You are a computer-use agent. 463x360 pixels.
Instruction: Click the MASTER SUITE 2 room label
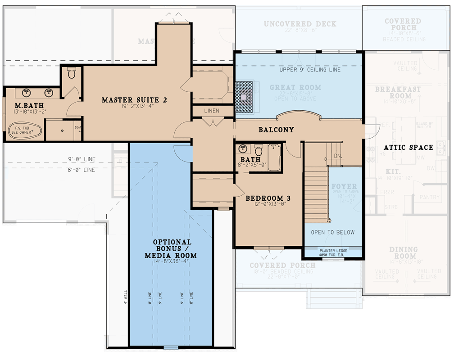click(134, 100)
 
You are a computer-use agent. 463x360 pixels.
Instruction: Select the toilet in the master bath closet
click(72, 74)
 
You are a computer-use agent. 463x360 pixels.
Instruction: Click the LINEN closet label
click(211, 111)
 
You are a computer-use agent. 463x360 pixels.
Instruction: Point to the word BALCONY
click(276, 130)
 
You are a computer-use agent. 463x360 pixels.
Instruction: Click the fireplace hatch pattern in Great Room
click(244, 96)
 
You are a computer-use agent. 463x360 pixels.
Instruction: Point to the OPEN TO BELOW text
click(333, 233)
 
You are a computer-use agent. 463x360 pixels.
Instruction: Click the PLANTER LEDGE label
click(333, 251)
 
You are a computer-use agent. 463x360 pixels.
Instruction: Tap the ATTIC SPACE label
click(409, 148)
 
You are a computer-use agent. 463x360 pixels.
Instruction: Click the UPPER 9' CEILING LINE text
click(310, 70)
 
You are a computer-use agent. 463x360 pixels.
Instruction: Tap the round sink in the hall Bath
click(244, 148)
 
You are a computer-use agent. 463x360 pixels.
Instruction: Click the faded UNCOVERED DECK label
click(300, 24)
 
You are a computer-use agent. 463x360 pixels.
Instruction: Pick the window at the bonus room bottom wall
click(171, 347)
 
